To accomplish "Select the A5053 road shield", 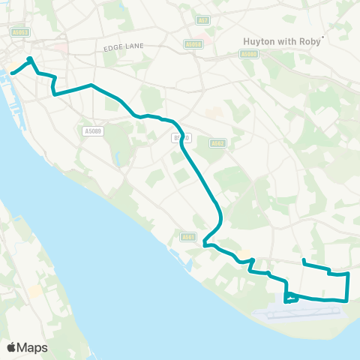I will point(20,31).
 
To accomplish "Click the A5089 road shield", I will point(92,131).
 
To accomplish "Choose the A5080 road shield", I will point(249,54).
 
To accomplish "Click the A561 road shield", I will point(189,238).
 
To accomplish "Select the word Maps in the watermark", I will point(33,347).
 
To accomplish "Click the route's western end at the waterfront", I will point(12,73).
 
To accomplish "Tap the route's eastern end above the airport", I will point(303,261).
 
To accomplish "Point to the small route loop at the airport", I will point(291,299).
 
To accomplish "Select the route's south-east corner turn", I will point(346,301).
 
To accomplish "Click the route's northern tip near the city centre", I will point(29,58).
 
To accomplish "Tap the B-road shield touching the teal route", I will point(181,138).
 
